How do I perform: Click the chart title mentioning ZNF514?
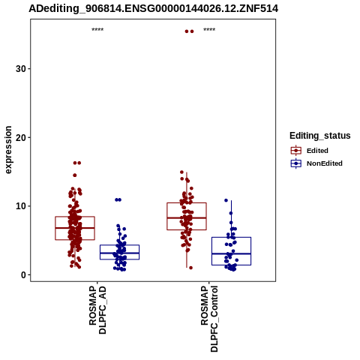[x=153, y=9]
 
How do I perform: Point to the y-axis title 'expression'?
[x=8, y=150]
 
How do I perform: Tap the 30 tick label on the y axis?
[x=21, y=69]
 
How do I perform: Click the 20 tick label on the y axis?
[x=21, y=137]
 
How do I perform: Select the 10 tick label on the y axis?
[x=21, y=206]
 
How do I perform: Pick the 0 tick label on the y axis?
[x=24, y=275]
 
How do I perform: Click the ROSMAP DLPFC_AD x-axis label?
[x=97, y=310]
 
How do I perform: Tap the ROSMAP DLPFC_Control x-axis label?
[x=209, y=319]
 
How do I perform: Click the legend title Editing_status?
[x=320, y=136]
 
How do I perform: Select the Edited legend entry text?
[x=317, y=151]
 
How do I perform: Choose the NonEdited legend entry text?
[x=325, y=163]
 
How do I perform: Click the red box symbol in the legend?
[x=296, y=151]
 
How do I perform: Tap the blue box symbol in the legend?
[x=296, y=163]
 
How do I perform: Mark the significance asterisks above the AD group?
[x=97, y=30]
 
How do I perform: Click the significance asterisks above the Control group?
[x=209, y=30]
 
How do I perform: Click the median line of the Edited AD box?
[x=75, y=228]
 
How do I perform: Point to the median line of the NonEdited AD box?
[x=119, y=253]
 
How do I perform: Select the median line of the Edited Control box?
[x=187, y=217]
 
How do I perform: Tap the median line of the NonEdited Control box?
[x=231, y=253]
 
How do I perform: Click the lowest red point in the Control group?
[x=190, y=268]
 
